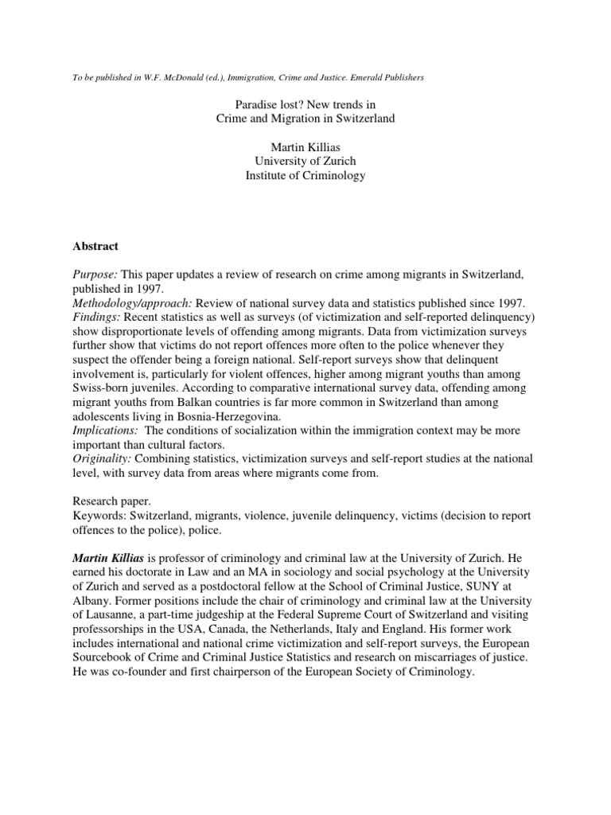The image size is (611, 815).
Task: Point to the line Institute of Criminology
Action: (x=305, y=176)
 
